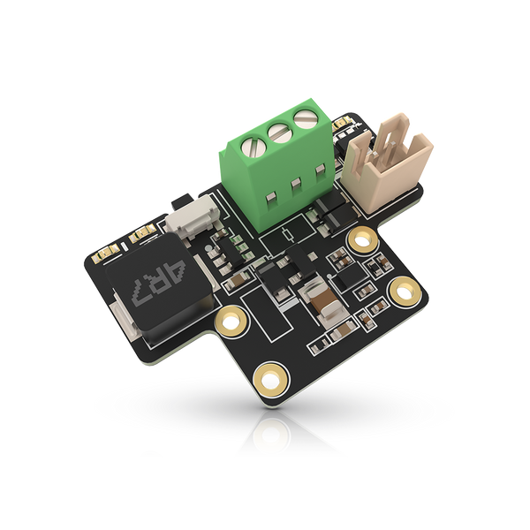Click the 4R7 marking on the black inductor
(159, 283)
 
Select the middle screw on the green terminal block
(280, 132)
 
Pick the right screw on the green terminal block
(307, 118)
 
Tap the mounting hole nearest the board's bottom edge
(271, 380)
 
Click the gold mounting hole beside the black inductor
(231, 321)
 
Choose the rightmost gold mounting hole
(405, 291)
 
